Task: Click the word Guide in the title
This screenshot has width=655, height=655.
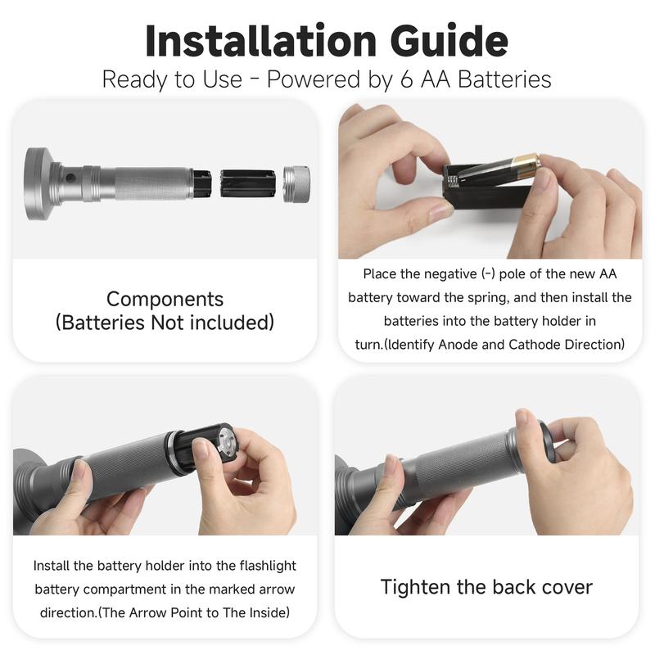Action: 449,41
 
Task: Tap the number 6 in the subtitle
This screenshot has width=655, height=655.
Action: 406,79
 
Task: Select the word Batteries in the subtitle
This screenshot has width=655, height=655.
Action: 504,79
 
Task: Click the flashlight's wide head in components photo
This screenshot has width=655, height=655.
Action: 39,183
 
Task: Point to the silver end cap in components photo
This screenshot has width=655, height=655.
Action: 296,183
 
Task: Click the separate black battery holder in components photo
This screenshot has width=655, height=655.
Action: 248,183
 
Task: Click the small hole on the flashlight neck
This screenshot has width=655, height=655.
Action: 70,178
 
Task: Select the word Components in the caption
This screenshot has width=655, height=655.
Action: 165,300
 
